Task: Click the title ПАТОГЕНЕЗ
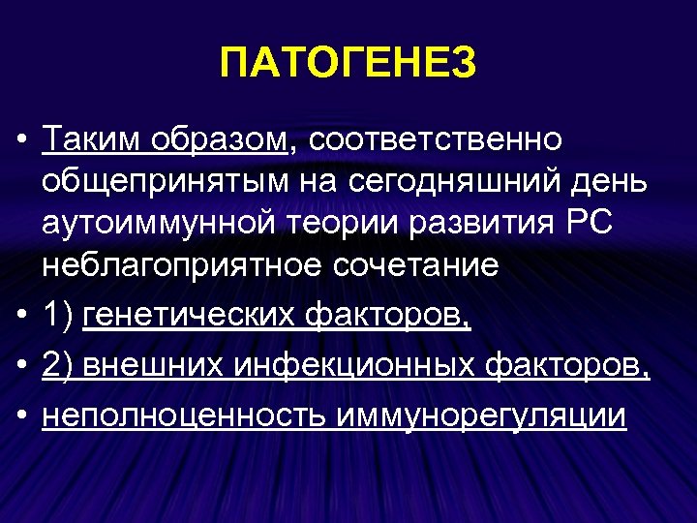point(348,64)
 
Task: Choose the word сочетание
point(416,265)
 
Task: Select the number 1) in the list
point(59,316)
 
